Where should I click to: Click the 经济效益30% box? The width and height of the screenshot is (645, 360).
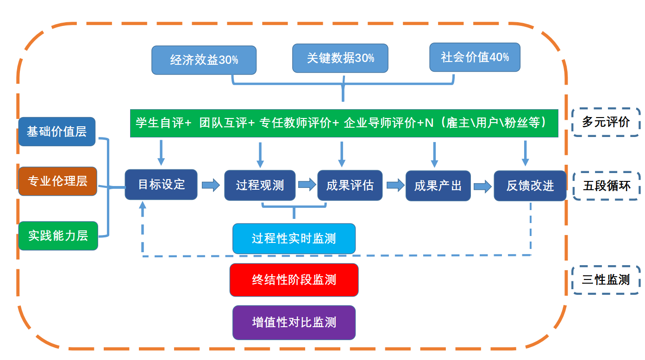[x=204, y=60]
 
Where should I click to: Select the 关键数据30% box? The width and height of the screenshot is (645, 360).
[x=340, y=58]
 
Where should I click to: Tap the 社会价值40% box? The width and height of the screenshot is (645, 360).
[x=475, y=57]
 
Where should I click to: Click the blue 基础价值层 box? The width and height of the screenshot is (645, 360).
[x=57, y=131]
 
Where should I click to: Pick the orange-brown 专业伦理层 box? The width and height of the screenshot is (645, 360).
[x=57, y=181]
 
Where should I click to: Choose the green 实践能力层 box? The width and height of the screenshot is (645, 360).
[x=58, y=236]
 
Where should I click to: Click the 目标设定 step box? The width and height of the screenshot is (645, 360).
[x=161, y=185]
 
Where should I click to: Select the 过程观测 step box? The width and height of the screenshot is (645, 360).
[x=260, y=186]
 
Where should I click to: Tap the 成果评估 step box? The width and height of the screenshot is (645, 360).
[x=350, y=186]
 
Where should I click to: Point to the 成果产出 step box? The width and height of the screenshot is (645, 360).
[x=438, y=186]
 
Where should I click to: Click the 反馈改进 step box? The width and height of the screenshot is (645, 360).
[x=530, y=186]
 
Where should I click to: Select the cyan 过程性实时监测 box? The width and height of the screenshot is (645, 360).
[x=294, y=239]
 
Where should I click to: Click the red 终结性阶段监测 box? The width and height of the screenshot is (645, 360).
[x=294, y=279]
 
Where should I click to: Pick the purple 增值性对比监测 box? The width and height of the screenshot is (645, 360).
[x=294, y=323]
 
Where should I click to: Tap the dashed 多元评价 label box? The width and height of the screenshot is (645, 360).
[x=606, y=122]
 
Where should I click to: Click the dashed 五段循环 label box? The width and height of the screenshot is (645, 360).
[x=607, y=186]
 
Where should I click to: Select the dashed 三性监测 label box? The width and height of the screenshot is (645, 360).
[x=606, y=279]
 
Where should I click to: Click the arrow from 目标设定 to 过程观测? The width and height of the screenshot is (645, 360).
[x=211, y=185]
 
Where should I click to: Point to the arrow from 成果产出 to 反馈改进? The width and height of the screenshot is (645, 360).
[x=482, y=186]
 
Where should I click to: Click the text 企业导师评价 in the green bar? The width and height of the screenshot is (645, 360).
[x=380, y=123]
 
